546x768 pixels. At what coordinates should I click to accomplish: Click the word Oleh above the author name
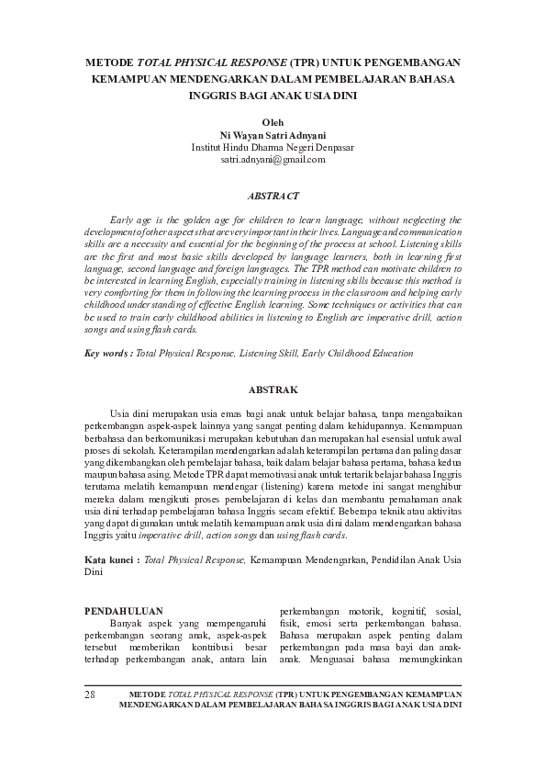coord(273,121)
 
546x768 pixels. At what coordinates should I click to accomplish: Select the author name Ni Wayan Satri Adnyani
coord(273,134)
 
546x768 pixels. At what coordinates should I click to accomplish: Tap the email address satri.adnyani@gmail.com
coord(273,160)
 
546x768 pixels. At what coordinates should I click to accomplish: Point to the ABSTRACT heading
coord(273,196)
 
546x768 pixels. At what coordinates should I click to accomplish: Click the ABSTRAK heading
coord(273,390)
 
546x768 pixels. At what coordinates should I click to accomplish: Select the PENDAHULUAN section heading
coord(123,610)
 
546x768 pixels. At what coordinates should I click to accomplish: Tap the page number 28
coord(90,694)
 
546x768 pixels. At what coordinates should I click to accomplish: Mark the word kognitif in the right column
coord(411,611)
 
